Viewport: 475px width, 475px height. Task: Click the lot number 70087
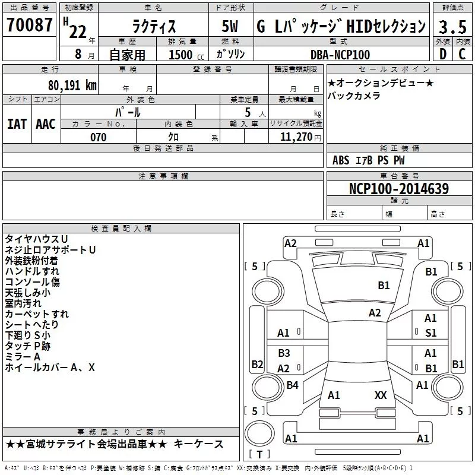tap(29, 24)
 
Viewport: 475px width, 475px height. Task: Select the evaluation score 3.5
tap(452, 27)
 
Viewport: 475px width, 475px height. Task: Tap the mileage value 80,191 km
tap(72, 85)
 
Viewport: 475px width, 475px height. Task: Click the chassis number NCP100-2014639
tap(399, 188)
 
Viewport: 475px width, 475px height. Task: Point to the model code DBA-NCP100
tap(340, 55)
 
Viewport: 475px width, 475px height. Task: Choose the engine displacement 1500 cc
tap(186, 55)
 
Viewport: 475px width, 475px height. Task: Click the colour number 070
tap(99, 137)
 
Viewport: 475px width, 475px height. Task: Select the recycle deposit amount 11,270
tap(296, 137)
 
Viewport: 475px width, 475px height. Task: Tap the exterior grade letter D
tap(443, 54)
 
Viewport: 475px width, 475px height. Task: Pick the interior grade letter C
tap(462, 54)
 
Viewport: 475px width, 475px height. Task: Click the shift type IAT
tap(17, 124)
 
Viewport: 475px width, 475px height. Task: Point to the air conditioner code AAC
tap(46, 124)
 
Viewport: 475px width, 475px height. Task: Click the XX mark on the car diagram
tap(381, 395)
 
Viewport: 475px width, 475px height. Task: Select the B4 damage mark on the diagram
tap(292, 385)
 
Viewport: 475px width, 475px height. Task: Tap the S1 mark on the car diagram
tap(431, 333)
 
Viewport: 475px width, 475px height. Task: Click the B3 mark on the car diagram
tap(284, 353)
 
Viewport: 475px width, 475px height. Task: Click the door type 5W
tap(230, 26)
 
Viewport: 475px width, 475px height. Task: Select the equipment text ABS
tap(341, 160)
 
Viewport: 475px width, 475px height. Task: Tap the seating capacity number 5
tap(248, 112)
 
